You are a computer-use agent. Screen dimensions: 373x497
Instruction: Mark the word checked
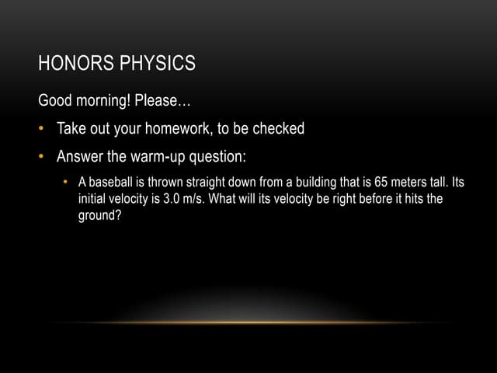276,129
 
